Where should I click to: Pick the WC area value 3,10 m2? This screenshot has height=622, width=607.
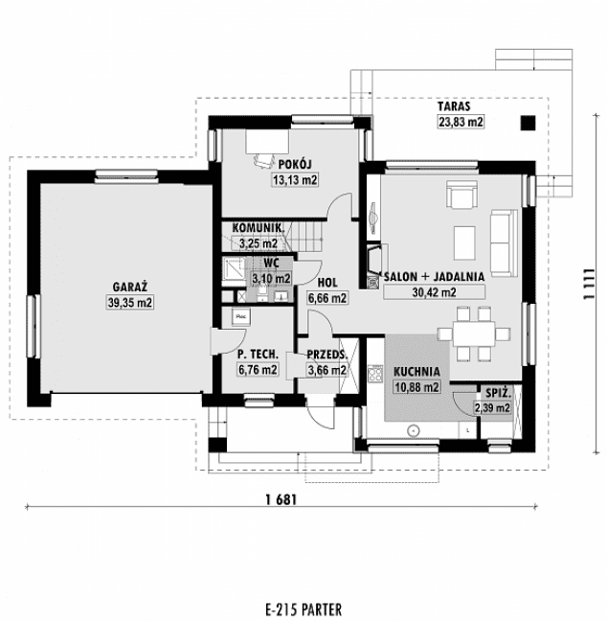tap(270, 278)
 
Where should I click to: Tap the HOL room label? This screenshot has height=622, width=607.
tap(326, 284)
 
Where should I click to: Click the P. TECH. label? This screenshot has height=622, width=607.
tap(258, 354)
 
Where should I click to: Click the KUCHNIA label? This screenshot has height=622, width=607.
tap(416, 372)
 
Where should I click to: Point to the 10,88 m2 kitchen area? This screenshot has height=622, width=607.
tap(416, 387)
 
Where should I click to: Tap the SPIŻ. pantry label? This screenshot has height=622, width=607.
tap(497, 394)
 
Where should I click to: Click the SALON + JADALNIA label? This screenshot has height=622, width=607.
tap(433, 276)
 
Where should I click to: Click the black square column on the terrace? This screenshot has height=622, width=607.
tap(528, 122)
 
